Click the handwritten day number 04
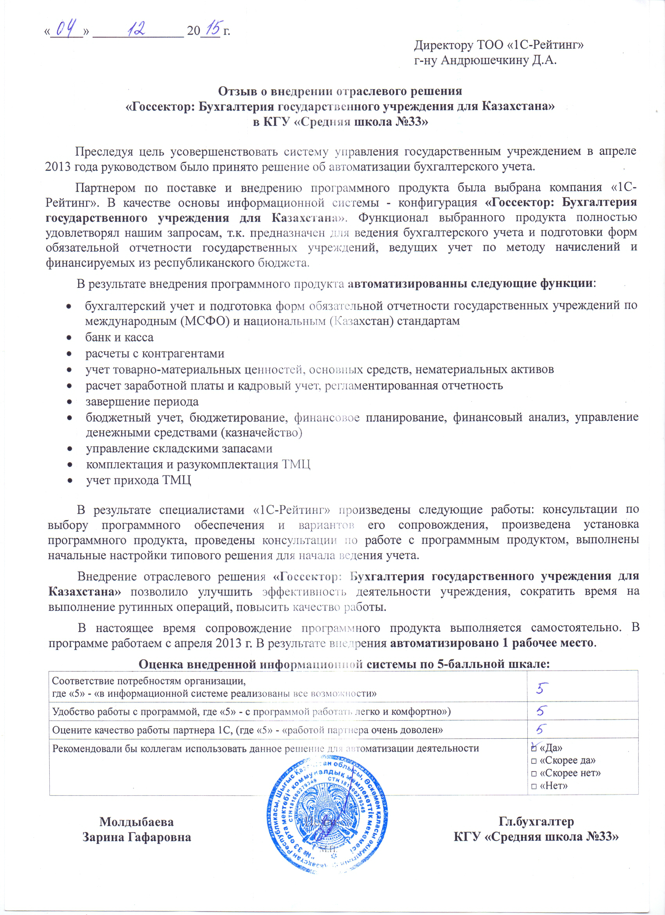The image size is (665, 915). [x=66, y=29]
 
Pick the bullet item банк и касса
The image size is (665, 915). [x=119, y=337]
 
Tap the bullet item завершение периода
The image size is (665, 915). [x=142, y=402]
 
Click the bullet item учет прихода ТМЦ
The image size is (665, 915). [x=138, y=480]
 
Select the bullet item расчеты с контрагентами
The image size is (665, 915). [x=155, y=353]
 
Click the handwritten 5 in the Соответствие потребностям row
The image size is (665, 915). [x=542, y=687]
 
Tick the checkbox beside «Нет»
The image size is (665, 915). [x=534, y=786]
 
